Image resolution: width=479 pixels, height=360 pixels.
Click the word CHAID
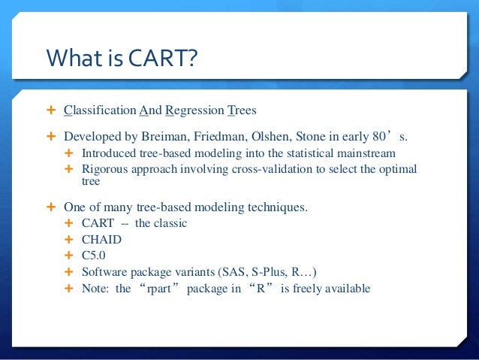tap(101, 240)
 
